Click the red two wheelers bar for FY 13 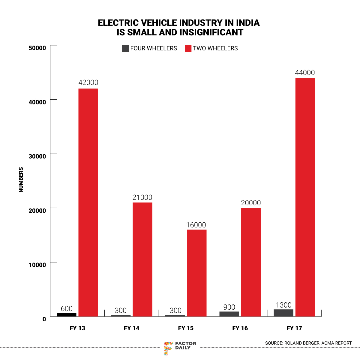coord(88,202)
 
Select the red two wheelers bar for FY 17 coord(305,197)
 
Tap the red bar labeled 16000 coord(196,273)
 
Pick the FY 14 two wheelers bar coord(142,259)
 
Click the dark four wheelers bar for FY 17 coord(283,313)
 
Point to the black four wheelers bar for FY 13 coord(67,315)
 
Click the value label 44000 coord(305,73)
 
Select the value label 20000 coord(251,203)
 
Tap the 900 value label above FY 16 coord(229,307)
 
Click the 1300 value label coord(283,305)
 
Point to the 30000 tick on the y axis coord(37,156)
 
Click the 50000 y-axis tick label coord(37,48)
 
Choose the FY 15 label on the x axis coord(186,328)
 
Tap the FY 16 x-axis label coord(240,328)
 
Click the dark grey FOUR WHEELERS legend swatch coord(125,49)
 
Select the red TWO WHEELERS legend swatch coord(188,49)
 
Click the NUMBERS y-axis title coord(21,180)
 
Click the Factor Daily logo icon coord(168,348)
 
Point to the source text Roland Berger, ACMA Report coord(308,343)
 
